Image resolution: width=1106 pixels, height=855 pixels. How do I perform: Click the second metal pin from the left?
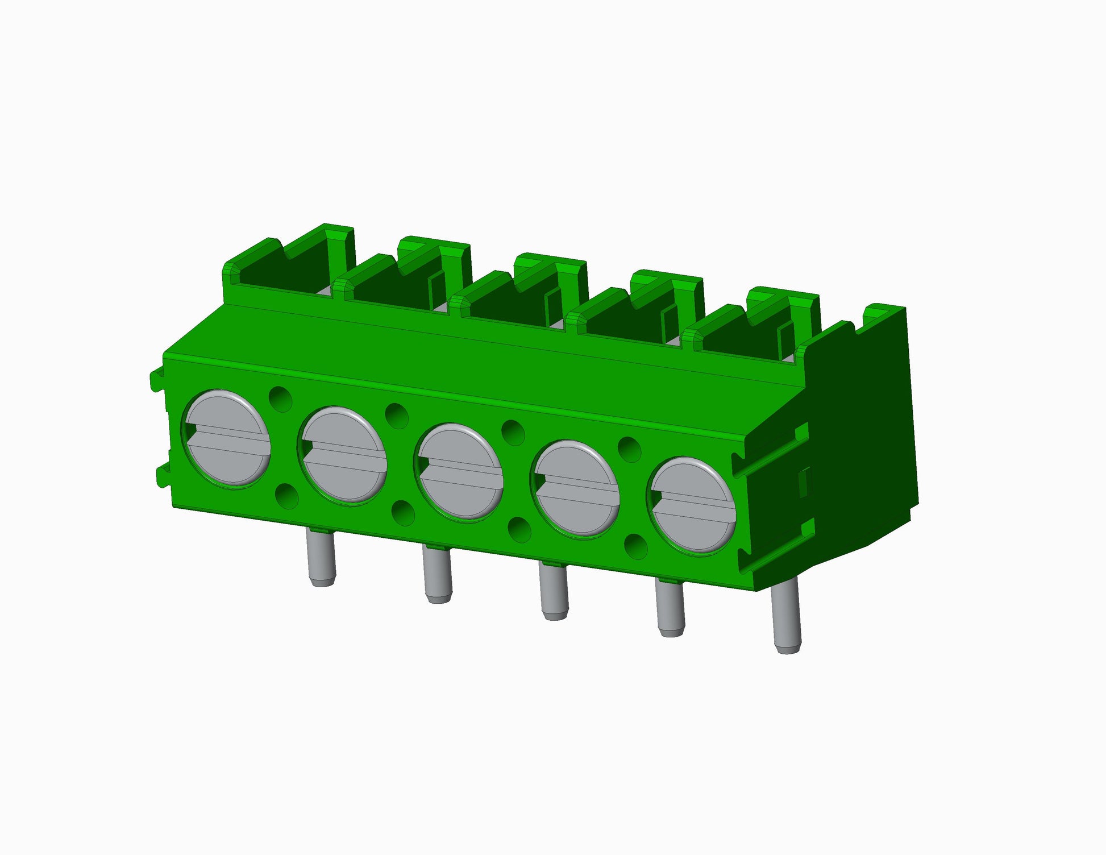pyautogui.click(x=438, y=575)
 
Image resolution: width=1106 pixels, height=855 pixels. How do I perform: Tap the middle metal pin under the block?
pyautogui.click(x=554, y=591)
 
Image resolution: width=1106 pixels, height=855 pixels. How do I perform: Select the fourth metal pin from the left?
pyautogui.click(x=671, y=608)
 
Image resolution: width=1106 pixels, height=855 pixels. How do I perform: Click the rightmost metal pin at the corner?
pyautogui.click(x=788, y=620)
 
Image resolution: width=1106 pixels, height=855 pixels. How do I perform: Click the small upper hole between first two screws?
pyautogui.click(x=280, y=399)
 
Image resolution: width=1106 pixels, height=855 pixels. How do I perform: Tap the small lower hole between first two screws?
pyautogui.click(x=287, y=496)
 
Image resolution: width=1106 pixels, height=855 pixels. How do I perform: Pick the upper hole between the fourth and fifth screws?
pyautogui.click(x=629, y=449)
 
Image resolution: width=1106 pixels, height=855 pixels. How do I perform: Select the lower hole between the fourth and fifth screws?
pyautogui.click(x=636, y=545)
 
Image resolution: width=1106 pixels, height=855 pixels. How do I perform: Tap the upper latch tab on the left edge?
pyautogui.click(x=156, y=379)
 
